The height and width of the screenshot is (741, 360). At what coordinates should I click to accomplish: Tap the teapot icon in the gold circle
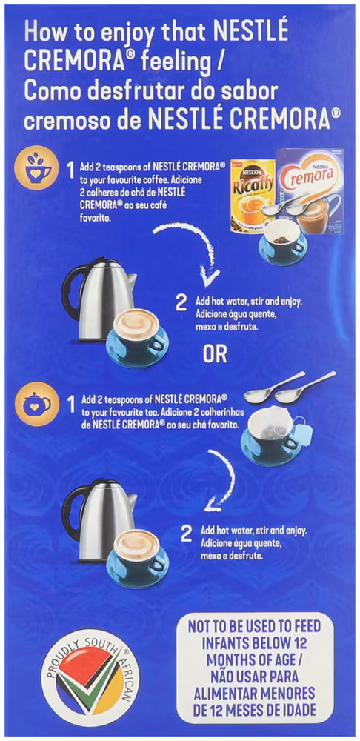(x=39, y=404)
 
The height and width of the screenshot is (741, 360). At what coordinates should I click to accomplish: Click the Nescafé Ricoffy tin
(x=253, y=195)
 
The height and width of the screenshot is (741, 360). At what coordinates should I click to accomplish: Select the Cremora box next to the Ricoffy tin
(x=310, y=191)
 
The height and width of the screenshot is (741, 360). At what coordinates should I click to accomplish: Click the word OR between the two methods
(x=215, y=355)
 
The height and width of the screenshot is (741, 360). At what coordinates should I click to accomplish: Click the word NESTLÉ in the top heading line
(x=251, y=33)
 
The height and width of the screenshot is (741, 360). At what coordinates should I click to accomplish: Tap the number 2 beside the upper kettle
(x=181, y=303)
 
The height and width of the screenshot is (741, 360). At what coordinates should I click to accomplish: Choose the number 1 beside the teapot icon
(x=71, y=404)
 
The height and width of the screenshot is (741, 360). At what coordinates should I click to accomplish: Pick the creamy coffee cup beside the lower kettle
(x=137, y=558)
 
